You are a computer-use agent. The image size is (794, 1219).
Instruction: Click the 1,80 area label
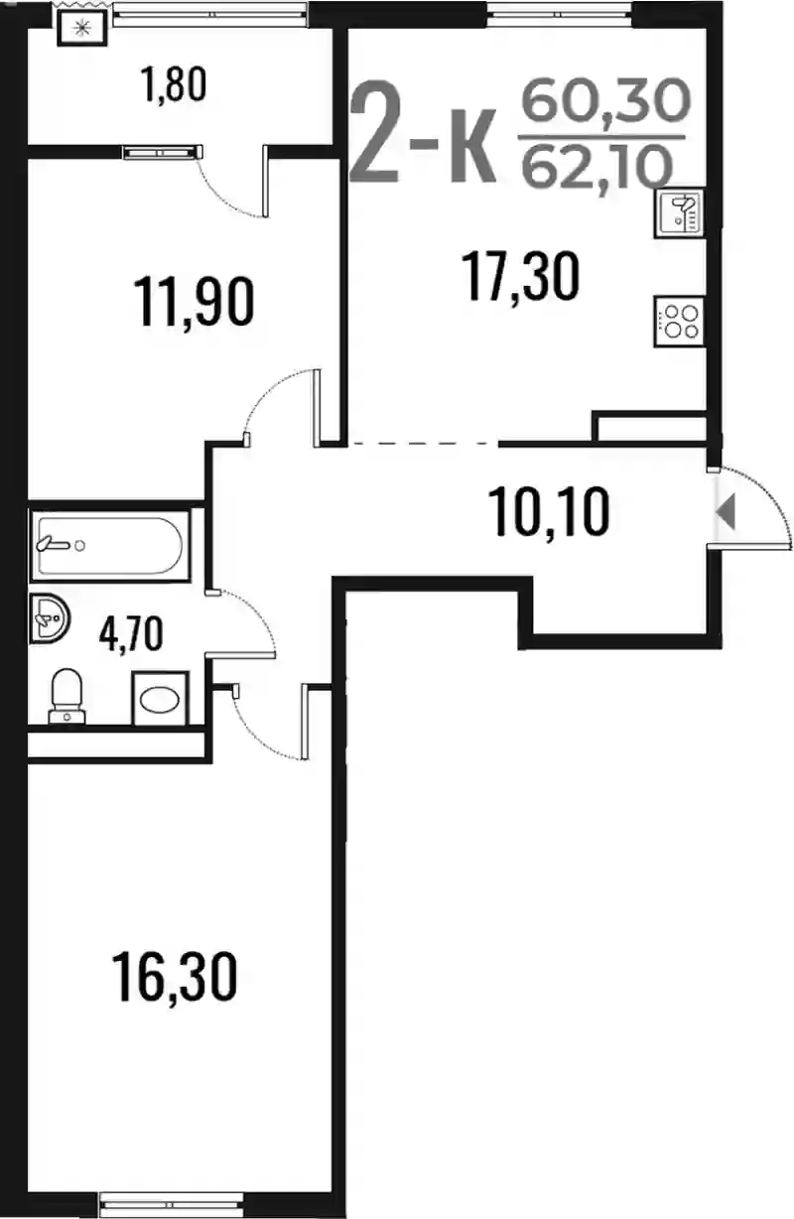174,84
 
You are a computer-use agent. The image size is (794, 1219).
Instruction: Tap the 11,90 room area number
194,301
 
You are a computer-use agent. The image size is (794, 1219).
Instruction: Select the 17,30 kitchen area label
520,276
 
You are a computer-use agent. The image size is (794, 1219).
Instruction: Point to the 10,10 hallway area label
549,511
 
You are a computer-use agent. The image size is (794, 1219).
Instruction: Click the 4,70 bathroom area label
131,633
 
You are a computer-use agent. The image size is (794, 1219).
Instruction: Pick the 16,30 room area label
174,976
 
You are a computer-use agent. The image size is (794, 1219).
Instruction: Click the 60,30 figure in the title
605,99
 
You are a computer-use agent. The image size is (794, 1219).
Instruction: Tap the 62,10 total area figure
596,166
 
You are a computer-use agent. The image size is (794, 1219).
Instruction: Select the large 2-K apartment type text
424,131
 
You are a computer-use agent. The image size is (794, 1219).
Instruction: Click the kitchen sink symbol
679,213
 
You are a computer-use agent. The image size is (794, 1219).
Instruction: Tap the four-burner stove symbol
679,321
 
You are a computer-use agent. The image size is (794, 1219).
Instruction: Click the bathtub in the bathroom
110,545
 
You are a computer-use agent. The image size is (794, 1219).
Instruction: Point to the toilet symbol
66,697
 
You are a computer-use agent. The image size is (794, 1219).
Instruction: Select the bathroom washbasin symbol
50,618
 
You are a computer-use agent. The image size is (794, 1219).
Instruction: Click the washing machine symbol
160,698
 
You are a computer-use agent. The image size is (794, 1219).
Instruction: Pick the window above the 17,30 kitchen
560,12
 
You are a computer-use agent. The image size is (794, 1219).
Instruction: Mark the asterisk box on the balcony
82,28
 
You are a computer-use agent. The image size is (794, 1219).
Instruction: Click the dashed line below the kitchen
423,444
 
